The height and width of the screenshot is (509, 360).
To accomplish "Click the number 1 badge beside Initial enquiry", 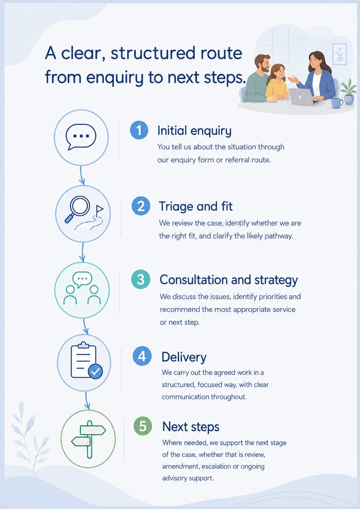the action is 139,130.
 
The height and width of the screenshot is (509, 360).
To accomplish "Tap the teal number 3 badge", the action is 141,280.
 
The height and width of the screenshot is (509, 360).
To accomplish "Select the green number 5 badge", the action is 143,426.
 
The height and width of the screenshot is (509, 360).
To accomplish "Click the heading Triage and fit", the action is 195,206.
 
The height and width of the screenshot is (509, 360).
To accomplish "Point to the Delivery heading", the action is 184,357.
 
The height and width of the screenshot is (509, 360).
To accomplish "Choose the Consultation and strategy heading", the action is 229,280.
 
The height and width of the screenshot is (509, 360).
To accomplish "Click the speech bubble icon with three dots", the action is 81,137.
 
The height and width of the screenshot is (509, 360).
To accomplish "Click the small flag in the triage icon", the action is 99,210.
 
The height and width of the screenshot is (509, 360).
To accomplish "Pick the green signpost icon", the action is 89,439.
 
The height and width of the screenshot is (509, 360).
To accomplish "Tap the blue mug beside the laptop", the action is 336,103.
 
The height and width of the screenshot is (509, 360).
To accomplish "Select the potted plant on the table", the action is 348,92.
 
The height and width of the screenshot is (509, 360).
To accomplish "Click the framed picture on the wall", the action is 339,54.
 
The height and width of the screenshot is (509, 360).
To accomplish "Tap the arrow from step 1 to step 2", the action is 82,175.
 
